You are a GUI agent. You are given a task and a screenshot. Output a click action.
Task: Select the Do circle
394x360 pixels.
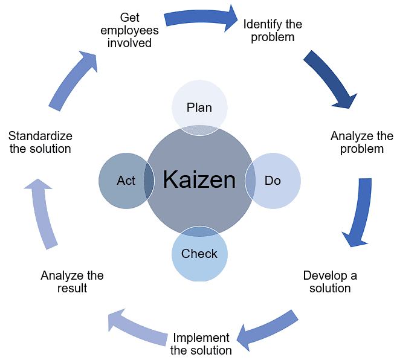coord(273,180)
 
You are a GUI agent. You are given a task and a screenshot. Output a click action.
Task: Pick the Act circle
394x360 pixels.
coord(125,180)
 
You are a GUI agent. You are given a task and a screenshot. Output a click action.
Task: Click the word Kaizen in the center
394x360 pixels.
coord(199,179)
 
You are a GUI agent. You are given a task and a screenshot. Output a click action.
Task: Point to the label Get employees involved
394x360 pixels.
coord(129,30)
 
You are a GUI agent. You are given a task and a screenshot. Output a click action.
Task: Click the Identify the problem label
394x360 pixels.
coord(273,31)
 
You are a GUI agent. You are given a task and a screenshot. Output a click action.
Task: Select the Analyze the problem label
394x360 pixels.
coord(362,142)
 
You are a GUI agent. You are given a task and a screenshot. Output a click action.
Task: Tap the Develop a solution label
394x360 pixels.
coord(330,281)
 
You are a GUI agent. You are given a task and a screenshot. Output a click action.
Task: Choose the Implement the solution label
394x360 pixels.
coord(201,344)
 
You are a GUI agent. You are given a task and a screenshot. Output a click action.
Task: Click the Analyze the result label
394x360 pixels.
coord(72,281)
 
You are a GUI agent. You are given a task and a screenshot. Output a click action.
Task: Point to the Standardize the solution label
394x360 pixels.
coord(40,142)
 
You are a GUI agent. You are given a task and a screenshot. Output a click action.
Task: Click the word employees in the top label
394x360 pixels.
coord(129,30)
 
